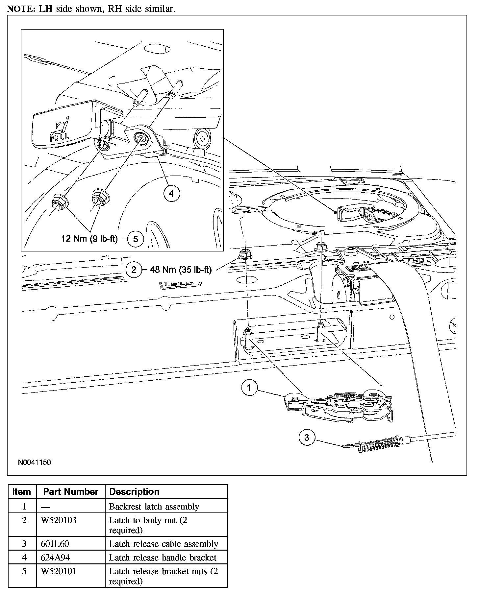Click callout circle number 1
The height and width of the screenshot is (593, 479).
tap(249, 388)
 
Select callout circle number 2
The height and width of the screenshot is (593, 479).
tap(134, 270)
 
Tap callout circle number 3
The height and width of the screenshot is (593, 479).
tap(307, 438)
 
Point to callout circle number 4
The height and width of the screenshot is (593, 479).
tap(171, 194)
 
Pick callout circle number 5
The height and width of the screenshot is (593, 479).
tap(135, 239)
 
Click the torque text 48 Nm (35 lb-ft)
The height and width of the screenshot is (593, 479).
tap(181, 270)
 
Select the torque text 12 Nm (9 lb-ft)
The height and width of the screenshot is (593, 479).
tap(89, 239)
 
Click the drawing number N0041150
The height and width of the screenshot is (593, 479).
tap(35, 462)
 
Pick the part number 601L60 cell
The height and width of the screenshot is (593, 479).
tap(55, 544)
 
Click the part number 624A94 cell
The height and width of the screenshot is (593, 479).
tap(55, 557)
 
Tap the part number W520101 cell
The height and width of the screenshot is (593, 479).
tap(58, 571)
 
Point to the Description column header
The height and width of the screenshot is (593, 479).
tap(134, 491)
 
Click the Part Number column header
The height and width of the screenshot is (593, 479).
tap(71, 491)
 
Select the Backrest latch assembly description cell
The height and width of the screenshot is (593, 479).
tap(154, 507)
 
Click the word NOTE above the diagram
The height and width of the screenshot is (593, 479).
tap(19, 9)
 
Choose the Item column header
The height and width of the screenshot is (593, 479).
tap(22, 491)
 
